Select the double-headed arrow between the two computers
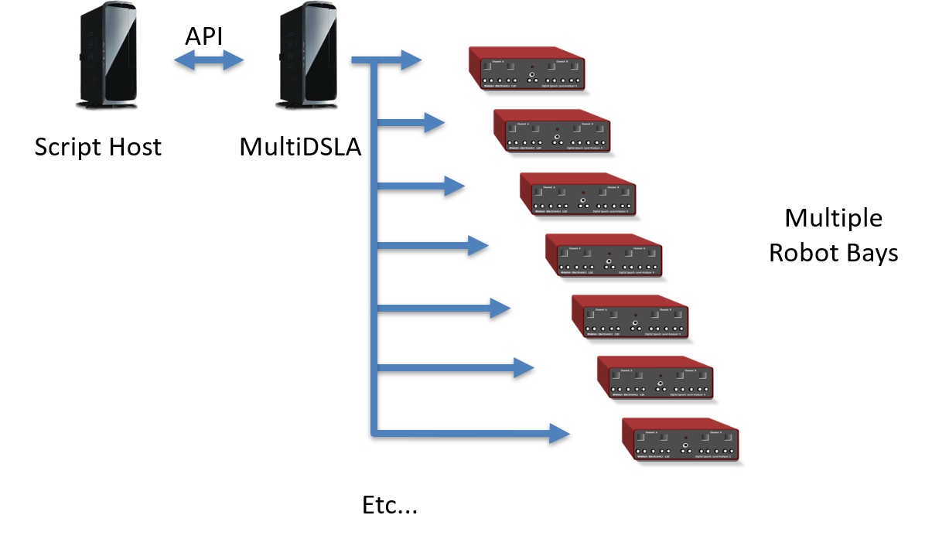(x=209, y=60)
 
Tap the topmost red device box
(x=527, y=69)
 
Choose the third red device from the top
(x=578, y=193)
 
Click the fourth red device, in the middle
(x=603, y=254)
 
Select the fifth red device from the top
(x=630, y=316)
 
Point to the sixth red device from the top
(x=655, y=377)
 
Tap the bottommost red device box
(x=680, y=438)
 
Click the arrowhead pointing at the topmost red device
(x=411, y=60)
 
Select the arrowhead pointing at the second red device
(x=435, y=122)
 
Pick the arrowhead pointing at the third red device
(x=454, y=186)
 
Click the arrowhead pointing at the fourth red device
(x=478, y=246)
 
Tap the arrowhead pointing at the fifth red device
(x=500, y=309)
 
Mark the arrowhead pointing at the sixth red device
(x=524, y=368)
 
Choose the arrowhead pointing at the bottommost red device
(x=559, y=433)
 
